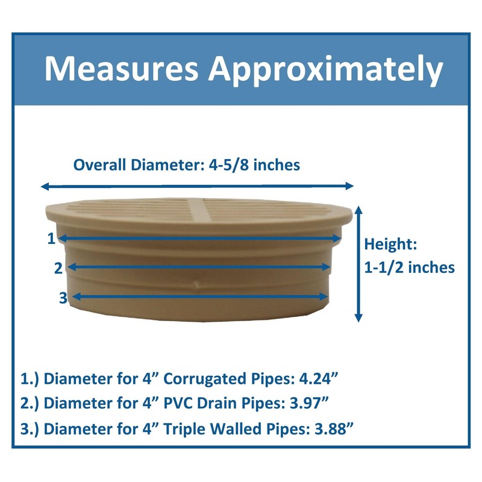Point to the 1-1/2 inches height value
(410, 268)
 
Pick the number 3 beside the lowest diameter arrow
(63, 297)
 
